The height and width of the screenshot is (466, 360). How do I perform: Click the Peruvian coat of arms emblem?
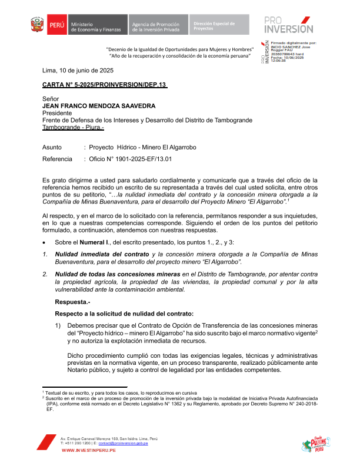[37, 25]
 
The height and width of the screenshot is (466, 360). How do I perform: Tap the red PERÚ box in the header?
[56, 25]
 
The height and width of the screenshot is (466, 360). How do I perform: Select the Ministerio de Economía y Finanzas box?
[96, 25]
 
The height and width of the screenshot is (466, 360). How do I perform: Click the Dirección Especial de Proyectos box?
[216, 25]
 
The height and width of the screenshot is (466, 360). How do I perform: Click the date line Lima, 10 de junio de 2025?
[78, 70]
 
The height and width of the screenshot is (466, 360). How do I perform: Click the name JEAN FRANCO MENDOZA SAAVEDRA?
[99, 106]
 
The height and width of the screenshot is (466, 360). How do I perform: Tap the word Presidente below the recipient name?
[58, 113]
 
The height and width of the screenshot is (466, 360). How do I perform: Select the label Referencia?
[57, 159]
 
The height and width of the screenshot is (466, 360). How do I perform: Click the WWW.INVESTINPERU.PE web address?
[88, 450]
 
